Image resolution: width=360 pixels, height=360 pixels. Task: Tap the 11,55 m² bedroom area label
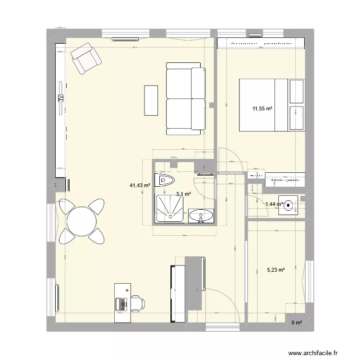pyautogui.click(x=263, y=109)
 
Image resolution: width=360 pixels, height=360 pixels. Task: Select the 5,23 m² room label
pyautogui.click(x=276, y=270)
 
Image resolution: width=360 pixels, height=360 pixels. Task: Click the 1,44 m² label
pyautogui.click(x=274, y=204)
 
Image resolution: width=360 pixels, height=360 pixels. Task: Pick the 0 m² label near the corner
pyautogui.click(x=296, y=322)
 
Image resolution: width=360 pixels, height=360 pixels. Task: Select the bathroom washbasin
pyautogui.click(x=201, y=216)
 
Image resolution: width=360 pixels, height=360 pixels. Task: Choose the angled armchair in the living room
pyautogui.click(x=86, y=58)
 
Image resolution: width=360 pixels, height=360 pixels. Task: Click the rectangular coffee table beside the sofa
pyautogui.click(x=151, y=100)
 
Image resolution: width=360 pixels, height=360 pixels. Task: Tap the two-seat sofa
pyautogui.click(x=186, y=100)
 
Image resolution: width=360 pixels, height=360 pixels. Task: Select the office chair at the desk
pyautogui.click(x=137, y=303)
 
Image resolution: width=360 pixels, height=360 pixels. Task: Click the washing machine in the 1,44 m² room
pyautogui.click(x=288, y=205)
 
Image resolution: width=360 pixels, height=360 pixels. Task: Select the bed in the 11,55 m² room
pyautogui.click(x=272, y=105)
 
